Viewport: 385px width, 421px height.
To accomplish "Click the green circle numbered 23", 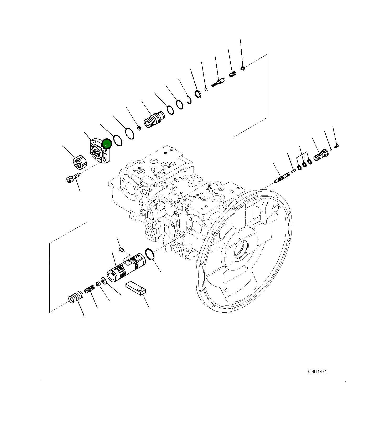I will click(107, 144).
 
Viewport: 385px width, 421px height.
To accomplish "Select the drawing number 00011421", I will click(317, 372).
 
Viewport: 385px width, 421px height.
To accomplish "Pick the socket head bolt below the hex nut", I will click(73, 177).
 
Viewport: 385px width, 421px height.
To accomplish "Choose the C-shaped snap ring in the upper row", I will click(189, 100).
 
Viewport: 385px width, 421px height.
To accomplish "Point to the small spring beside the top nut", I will click(232, 74).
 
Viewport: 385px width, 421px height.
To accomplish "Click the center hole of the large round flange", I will click(241, 249).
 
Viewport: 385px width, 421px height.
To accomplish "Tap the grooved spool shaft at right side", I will click(282, 177).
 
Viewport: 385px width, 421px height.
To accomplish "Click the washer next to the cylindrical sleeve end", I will click(103, 281).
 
